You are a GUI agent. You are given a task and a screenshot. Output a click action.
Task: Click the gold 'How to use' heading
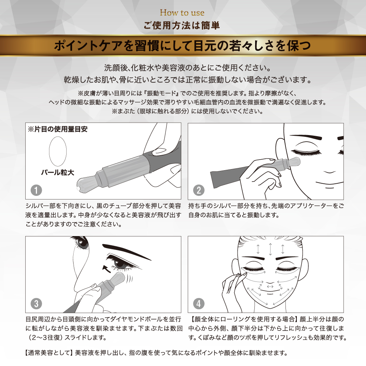coord(182,12)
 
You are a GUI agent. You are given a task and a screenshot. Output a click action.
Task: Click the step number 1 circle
coord(36,190)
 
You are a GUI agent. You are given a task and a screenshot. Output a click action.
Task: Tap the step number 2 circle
coord(199,190)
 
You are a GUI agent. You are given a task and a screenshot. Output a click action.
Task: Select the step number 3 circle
coord(36,304)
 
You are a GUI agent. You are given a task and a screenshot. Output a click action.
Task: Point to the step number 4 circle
coord(199,304)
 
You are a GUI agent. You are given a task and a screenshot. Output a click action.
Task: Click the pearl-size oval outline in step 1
coord(49,151)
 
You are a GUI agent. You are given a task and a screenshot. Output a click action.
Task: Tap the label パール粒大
coord(58,172)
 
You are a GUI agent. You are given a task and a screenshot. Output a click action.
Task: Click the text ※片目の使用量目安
coord(57,129)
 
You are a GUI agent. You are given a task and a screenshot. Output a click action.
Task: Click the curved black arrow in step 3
coord(107,269)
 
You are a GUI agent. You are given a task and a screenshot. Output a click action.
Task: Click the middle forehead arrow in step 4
coord(270,249)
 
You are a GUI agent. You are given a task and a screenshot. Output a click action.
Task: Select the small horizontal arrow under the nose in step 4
coord(270,287)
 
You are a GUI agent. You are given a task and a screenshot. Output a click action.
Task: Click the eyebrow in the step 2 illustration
coord(306,137)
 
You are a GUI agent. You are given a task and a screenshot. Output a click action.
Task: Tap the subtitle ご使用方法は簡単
coord(182,25)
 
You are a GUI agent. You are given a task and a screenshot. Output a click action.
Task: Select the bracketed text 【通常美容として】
coord(49,353)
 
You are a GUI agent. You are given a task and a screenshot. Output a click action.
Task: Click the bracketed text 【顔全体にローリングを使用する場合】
coord(244,319)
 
